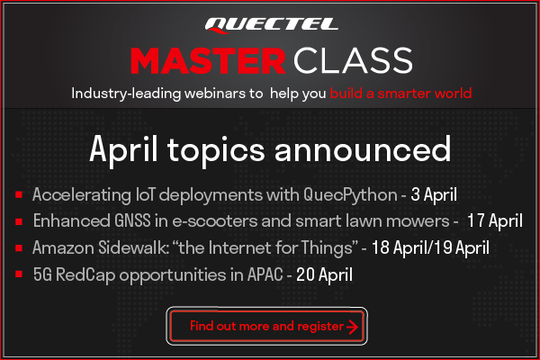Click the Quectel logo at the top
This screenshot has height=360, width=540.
(269, 24)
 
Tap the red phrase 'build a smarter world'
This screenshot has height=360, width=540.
(400, 94)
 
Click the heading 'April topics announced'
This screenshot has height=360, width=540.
(270, 149)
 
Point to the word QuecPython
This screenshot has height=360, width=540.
(349, 194)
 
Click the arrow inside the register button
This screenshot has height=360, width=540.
(352, 327)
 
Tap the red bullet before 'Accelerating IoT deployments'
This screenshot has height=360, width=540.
(19, 195)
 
